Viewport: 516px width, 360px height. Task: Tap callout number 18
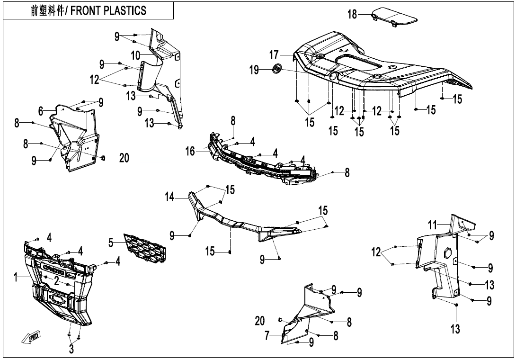click(x=353, y=14)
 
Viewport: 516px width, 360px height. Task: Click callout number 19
click(x=255, y=70)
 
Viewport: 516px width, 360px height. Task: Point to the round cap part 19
click(x=277, y=69)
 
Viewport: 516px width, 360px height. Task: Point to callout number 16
click(x=190, y=152)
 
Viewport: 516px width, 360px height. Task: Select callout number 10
click(x=135, y=55)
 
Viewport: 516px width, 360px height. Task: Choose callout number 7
click(x=267, y=335)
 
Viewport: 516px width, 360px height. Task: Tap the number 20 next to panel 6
click(x=124, y=158)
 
